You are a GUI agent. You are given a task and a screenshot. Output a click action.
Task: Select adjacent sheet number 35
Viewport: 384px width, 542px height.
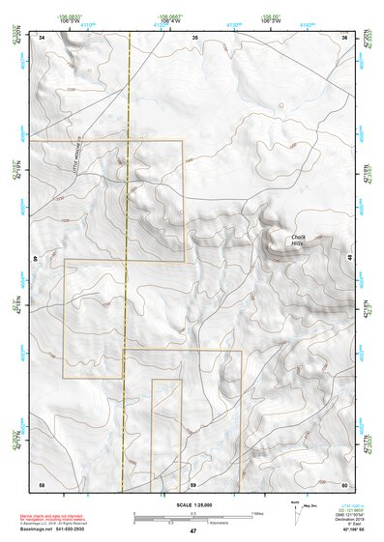pos(194,37)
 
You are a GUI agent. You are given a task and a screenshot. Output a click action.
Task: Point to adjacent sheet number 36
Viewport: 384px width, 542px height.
pos(344,37)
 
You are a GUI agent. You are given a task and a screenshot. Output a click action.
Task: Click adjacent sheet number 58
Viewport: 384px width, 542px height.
pos(42,483)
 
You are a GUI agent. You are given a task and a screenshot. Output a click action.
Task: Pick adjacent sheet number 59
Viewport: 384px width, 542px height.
pos(193,483)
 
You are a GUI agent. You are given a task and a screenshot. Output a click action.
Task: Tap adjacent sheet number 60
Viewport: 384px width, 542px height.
pos(344,483)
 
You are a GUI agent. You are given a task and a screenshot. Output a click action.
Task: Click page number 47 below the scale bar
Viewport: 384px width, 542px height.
pos(193,531)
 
